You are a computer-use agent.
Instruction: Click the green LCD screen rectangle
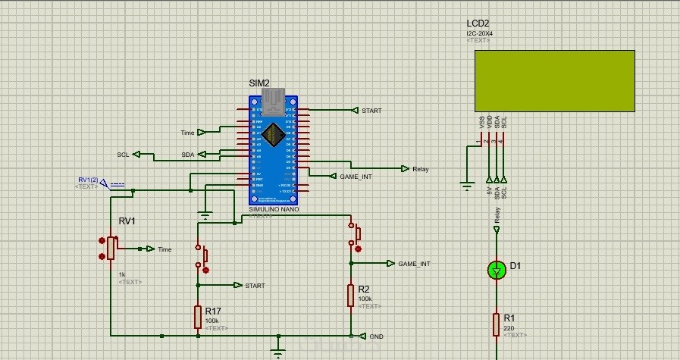point(555,80)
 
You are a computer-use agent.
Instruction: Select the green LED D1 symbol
point(497,269)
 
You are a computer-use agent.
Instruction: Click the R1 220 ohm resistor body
point(497,324)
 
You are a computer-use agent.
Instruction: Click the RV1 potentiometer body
point(111,248)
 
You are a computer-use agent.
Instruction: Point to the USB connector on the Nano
point(273,99)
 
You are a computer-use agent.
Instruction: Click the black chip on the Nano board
point(274,134)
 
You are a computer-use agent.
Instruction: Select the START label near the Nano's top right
point(371,111)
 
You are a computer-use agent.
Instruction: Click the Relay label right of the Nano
point(420,169)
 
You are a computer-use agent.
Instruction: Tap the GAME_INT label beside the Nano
point(356,176)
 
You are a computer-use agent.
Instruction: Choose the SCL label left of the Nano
point(123,154)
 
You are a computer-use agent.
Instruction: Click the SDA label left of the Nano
point(187,155)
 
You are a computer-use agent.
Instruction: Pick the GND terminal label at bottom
point(376,336)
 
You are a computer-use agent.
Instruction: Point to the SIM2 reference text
point(259,83)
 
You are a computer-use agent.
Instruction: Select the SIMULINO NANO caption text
point(274,208)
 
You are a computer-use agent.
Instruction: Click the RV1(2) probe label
point(87,180)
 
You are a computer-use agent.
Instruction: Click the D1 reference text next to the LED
point(515,266)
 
